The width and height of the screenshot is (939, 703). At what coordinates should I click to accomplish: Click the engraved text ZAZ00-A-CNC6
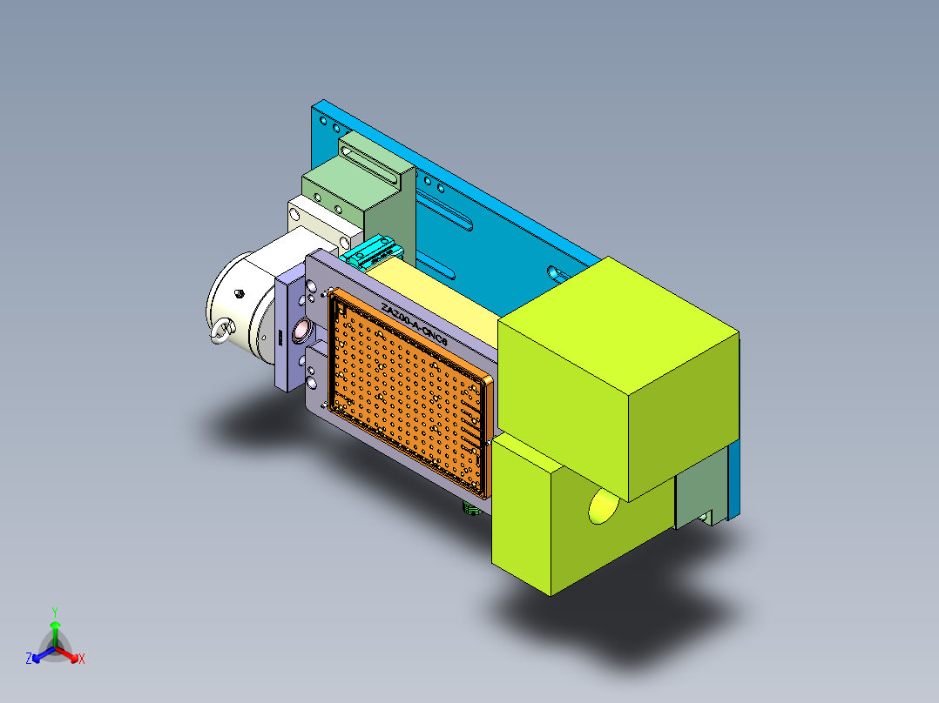coord(414,326)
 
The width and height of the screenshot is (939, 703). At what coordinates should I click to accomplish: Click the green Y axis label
coord(54,611)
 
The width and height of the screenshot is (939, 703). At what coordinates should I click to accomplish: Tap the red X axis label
coord(82,659)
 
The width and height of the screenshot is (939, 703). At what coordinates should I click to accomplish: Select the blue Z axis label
coord(29,659)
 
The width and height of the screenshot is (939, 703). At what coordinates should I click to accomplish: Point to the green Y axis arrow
coord(55,629)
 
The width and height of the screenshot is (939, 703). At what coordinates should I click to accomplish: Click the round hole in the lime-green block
coord(603,505)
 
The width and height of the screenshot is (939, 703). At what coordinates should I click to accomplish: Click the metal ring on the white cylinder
coord(221,331)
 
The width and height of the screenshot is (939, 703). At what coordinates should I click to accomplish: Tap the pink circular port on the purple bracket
coord(302,330)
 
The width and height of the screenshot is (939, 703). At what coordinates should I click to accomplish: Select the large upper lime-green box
coord(618,374)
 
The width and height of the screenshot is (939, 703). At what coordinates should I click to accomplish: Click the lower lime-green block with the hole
coord(540,522)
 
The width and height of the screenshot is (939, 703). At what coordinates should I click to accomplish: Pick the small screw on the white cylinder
coord(239,294)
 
